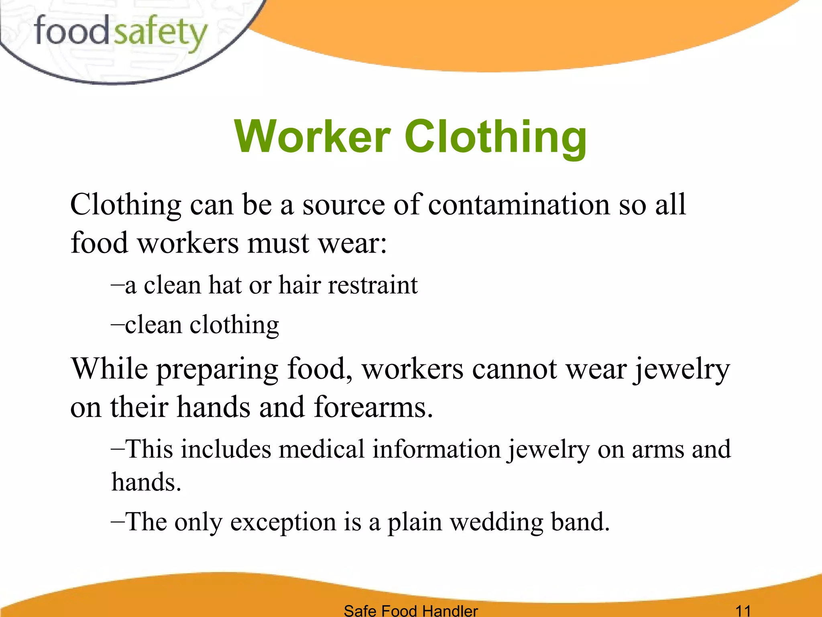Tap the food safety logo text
tap(120, 32)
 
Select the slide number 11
tap(743, 610)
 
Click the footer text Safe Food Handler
tap(411, 610)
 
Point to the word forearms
tap(373, 407)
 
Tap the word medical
tap(321, 449)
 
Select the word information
tap(436, 449)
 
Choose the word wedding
tap(496, 522)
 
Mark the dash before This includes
tap(118, 449)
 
